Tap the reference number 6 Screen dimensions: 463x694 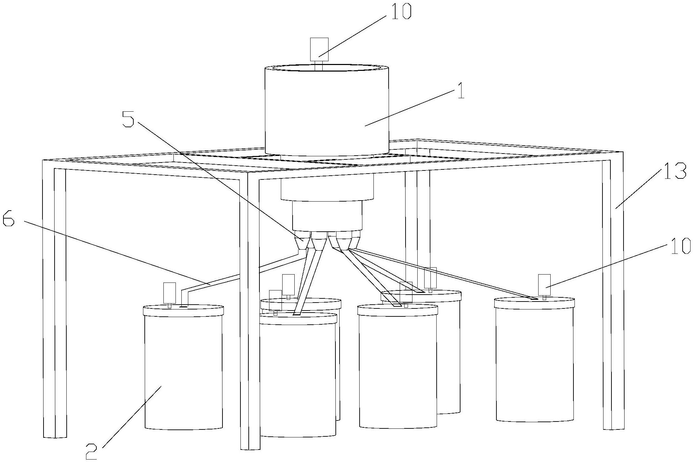pyautogui.click(x=8, y=219)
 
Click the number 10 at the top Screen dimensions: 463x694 pyautogui.click(x=401, y=11)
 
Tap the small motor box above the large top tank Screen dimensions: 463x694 pyautogui.click(x=319, y=49)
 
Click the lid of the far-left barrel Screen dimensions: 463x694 pyautogui.click(x=183, y=310)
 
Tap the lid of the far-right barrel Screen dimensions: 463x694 pyautogui.click(x=534, y=303)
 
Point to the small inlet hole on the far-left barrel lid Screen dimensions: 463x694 pyautogui.click(x=183, y=306)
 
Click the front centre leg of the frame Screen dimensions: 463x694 pyautogui.click(x=249, y=311)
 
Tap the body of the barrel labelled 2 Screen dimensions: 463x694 pyautogui.click(x=183, y=370)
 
